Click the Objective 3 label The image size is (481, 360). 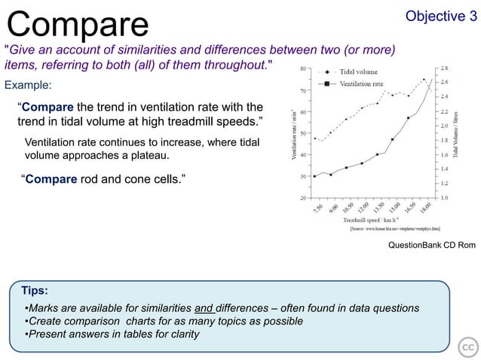tap(441, 17)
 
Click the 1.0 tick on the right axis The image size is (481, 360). tap(445, 197)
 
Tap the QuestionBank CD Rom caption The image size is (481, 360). tap(431, 246)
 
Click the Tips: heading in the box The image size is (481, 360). tap(35, 290)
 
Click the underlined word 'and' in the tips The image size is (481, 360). tap(204, 308)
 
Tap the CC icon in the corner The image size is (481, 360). tap(467, 347)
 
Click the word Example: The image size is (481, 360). tap(28, 84)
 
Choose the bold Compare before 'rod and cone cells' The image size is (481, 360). tap(51, 180)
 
